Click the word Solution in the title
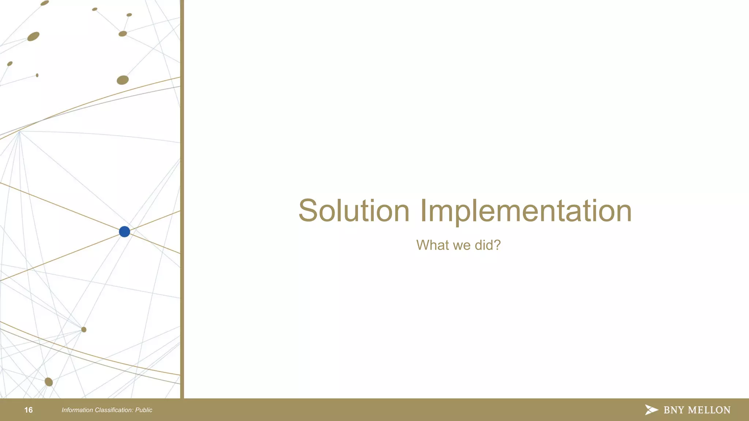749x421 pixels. click(354, 211)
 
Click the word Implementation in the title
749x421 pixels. click(526, 211)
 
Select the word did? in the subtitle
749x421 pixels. click(488, 245)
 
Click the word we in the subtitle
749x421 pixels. click(462, 245)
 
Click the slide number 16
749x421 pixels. click(29, 410)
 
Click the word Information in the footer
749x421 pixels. click(77, 410)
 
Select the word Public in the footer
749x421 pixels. click(144, 410)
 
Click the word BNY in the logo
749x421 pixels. click(674, 410)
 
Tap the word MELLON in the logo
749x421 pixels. click(709, 410)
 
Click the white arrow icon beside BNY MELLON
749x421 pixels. click(651, 410)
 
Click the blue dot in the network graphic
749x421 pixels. click(124, 232)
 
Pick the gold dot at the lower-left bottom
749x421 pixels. click(49, 382)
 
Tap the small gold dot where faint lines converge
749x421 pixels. click(84, 330)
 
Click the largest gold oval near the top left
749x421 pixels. click(33, 37)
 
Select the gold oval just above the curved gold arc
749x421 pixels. click(123, 80)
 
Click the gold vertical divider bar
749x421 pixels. click(182, 199)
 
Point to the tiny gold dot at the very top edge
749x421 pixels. click(45, 3)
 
